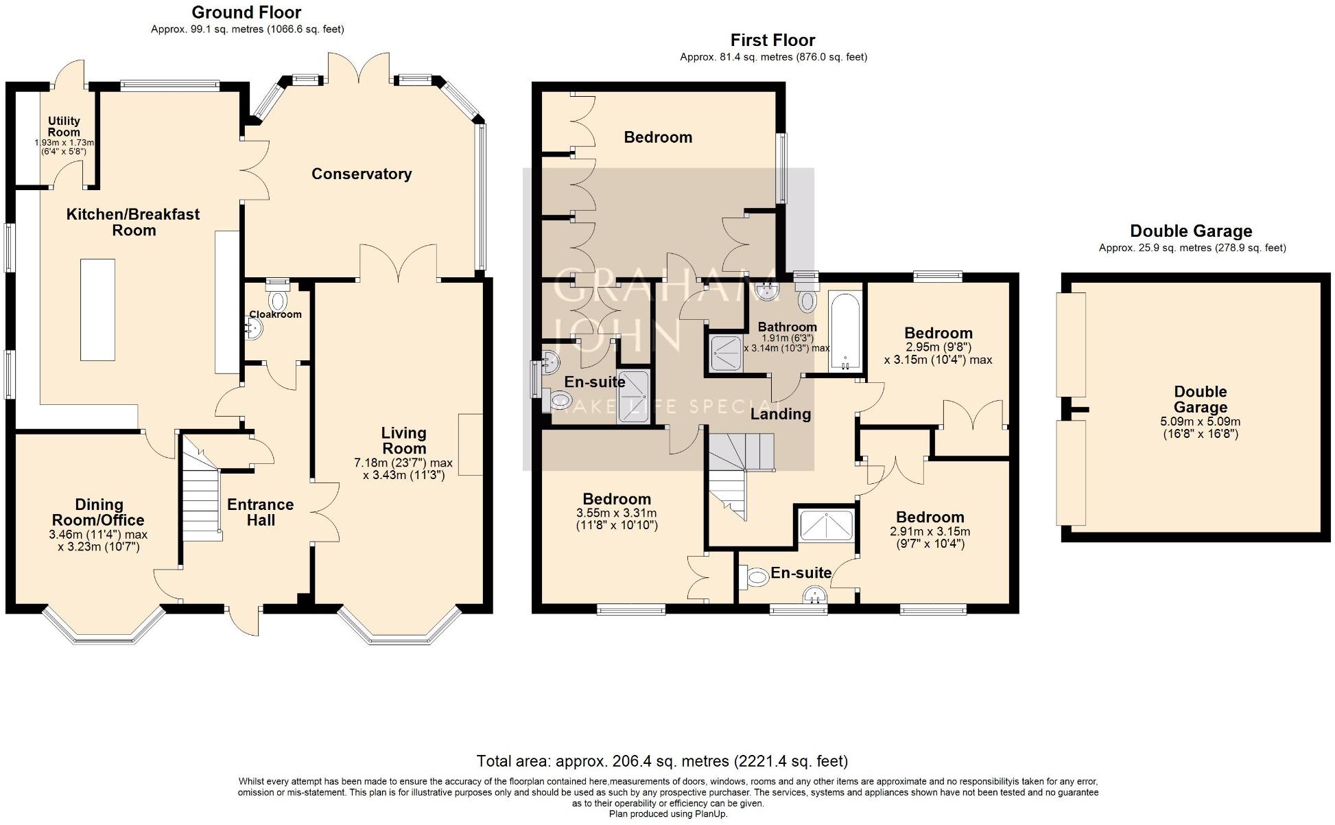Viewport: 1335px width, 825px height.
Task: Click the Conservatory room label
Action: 362,174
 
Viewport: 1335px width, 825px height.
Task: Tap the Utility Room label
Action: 64,126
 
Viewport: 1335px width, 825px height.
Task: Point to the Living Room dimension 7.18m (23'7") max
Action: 403,463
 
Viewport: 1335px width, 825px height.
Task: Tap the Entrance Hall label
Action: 261,512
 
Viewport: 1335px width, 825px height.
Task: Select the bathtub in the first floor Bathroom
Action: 844,332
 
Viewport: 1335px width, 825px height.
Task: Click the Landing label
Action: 781,414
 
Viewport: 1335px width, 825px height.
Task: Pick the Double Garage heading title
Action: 1191,231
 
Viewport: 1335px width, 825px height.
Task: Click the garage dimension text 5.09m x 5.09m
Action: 1201,421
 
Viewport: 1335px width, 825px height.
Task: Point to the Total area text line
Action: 662,761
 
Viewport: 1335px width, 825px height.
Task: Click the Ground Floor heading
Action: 246,12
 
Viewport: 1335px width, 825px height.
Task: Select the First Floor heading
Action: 773,40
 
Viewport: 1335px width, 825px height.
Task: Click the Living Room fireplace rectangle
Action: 471,444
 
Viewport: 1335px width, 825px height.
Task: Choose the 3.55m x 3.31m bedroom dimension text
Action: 617,513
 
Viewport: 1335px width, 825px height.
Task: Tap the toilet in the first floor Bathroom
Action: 807,299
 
